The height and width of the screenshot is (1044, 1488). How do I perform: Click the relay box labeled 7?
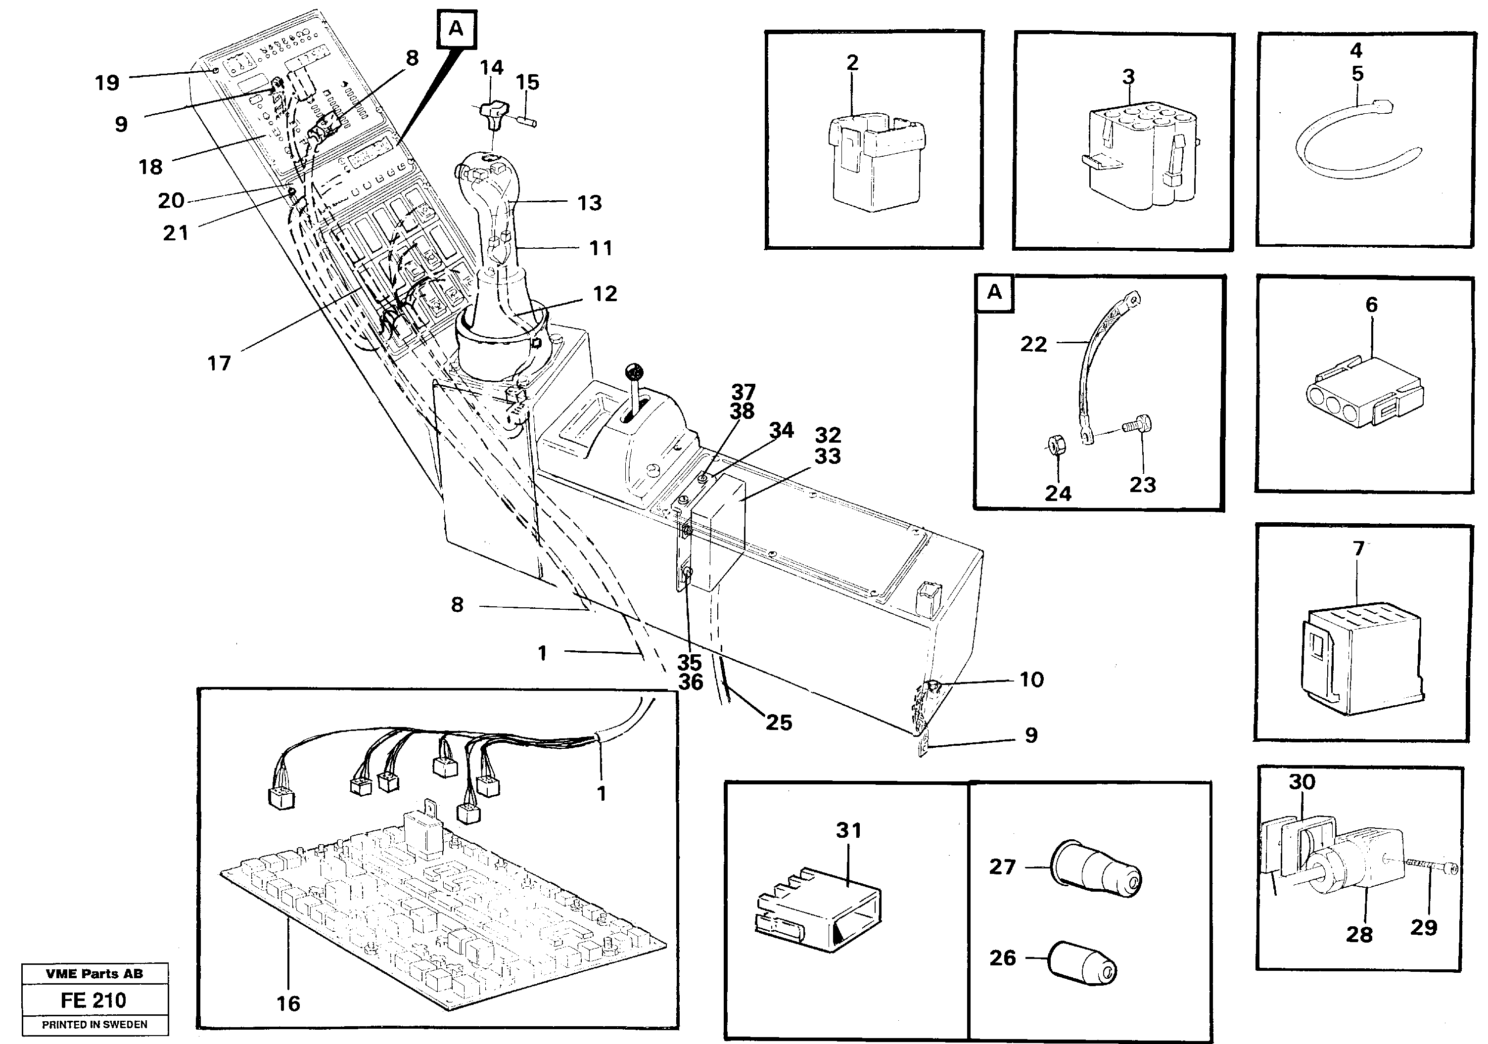click(x=1361, y=654)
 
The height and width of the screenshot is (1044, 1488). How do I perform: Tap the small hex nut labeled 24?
click(x=1055, y=446)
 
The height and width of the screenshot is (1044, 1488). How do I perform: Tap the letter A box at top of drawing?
click(x=456, y=29)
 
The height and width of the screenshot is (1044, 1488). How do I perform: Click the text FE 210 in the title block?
click(x=94, y=1000)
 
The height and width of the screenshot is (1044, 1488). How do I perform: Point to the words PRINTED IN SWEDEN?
click(x=94, y=1025)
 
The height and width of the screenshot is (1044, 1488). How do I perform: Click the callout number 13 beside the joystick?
click(x=590, y=203)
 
